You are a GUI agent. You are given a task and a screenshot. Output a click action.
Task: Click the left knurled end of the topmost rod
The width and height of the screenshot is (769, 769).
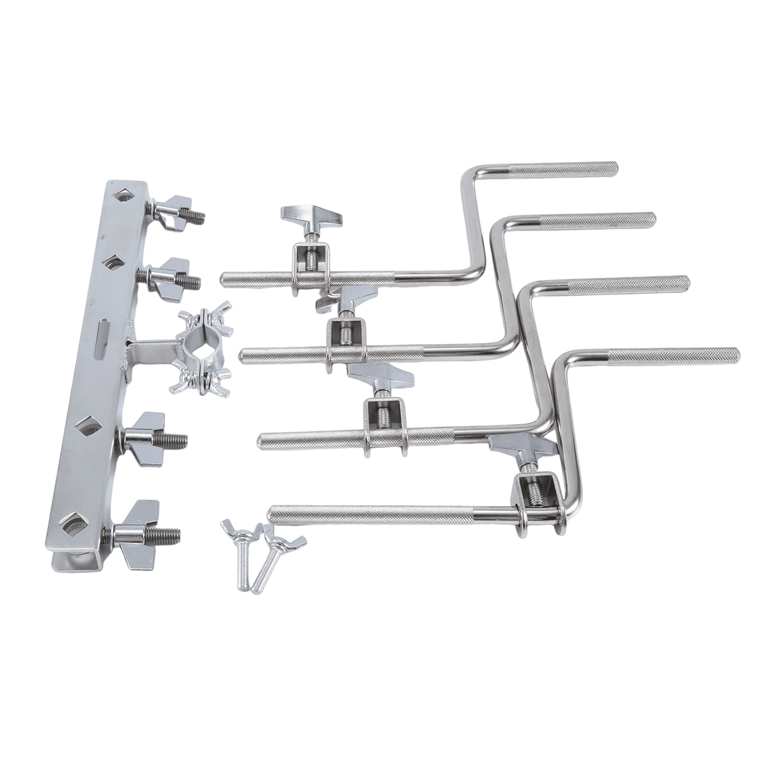coord(226,279)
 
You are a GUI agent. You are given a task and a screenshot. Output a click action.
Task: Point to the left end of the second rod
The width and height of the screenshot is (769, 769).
coord(244,354)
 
